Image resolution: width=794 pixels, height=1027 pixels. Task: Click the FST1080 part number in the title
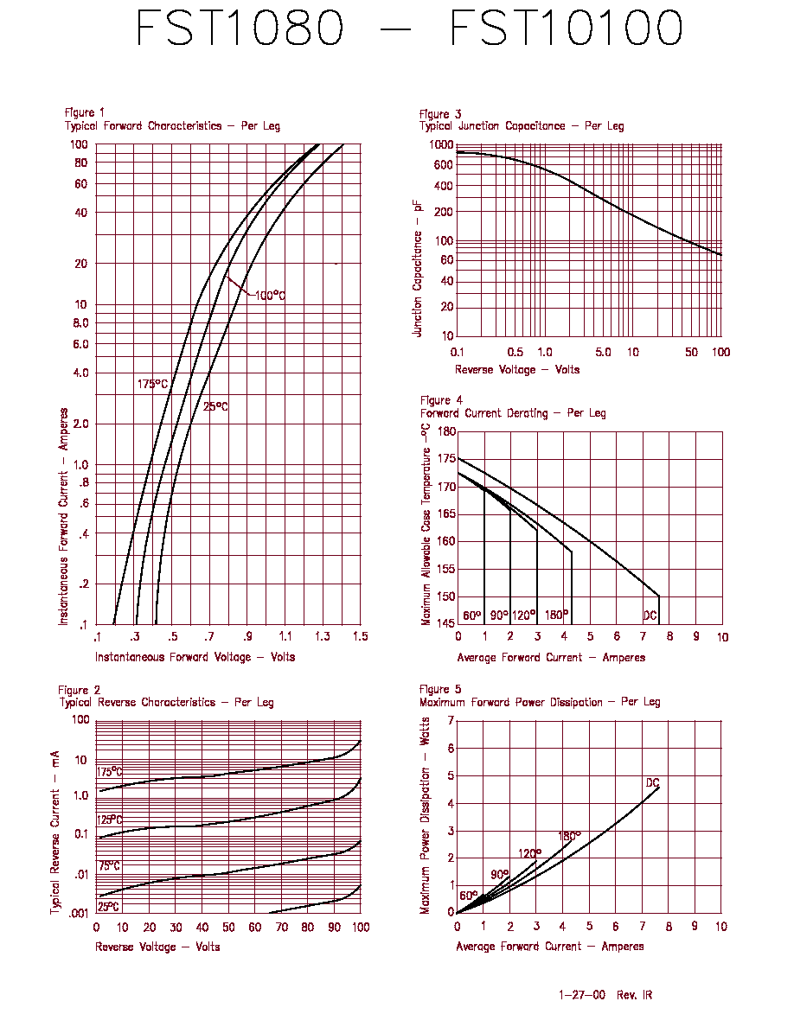coord(239,28)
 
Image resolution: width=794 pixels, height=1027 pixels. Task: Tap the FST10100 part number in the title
coord(566,28)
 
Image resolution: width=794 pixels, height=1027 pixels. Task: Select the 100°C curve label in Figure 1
coord(270,296)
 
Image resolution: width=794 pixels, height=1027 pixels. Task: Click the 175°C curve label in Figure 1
coord(152,384)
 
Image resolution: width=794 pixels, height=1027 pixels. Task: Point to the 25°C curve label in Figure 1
coord(215,407)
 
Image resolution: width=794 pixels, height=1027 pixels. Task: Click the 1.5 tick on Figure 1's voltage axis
coord(361,636)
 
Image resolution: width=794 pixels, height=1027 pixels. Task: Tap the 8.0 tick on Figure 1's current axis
coord(80,323)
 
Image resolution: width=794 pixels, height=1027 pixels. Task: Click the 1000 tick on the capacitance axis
coord(441,144)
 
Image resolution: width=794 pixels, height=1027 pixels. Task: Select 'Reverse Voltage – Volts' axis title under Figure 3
coord(517,369)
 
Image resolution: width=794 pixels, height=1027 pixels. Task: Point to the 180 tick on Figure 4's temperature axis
coord(447,431)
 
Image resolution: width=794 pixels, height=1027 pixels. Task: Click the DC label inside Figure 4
coord(650,616)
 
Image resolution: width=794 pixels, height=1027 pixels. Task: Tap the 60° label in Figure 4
coord(471,616)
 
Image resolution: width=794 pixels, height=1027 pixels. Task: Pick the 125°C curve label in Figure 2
coord(109,820)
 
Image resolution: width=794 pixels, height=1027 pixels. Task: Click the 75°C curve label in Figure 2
coord(109,866)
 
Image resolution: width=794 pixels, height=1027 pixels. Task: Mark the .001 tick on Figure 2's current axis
coord(78,914)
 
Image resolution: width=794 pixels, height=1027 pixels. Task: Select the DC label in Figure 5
coord(652,782)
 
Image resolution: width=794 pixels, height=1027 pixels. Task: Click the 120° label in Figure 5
coord(529,853)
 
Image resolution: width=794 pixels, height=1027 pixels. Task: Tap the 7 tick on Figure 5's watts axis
coord(451,720)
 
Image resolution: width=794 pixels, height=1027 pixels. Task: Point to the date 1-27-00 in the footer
coord(582,995)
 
